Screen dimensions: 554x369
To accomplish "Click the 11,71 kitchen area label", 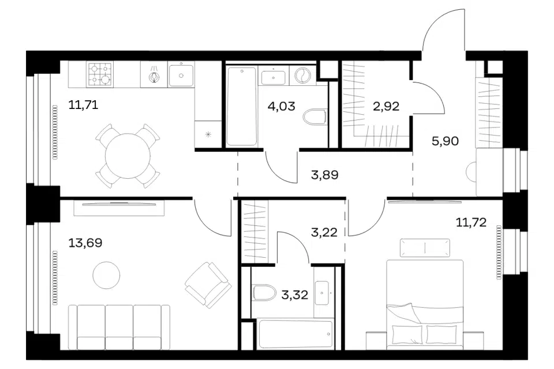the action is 83,105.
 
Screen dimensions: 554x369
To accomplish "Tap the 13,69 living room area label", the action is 85,243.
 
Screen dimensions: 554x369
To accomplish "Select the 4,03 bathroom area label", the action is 281,106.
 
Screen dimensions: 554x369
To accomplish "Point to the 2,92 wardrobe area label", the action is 386,106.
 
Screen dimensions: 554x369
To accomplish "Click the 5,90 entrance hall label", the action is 445,141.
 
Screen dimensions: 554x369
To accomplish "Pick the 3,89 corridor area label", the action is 325,175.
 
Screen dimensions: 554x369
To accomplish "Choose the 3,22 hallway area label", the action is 324,232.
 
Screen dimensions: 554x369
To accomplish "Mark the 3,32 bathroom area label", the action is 295,295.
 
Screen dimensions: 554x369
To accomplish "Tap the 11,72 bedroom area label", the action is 471,222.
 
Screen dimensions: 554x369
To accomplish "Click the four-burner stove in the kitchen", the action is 100,74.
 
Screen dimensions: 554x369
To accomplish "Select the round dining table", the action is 128,156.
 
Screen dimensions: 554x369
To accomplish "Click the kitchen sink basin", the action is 181,75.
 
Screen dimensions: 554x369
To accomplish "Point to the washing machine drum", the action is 303,75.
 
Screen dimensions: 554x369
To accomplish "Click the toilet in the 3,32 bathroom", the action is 264,292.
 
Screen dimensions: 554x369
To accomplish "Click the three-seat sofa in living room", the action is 119,327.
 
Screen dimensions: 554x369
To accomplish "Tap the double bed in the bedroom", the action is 425,305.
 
